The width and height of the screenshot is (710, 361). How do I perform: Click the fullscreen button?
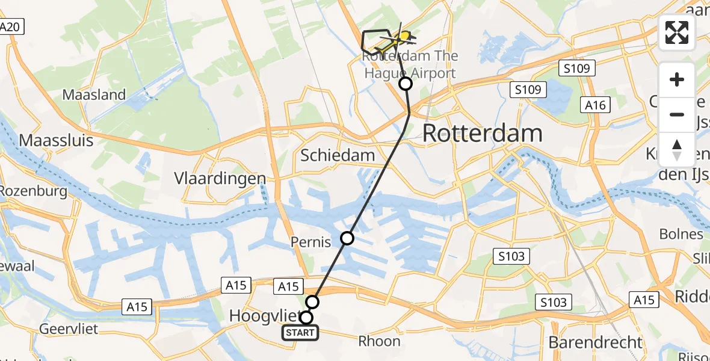[x=677, y=32]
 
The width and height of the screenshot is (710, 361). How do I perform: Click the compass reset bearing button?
[x=677, y=150]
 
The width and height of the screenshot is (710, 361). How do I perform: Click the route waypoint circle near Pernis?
[x=347, y=238]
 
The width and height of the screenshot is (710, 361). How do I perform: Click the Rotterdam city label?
[x=483, y=134]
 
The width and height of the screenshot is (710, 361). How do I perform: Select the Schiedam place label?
[x=338, y=155]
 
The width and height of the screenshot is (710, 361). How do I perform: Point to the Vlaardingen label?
[x=220, y=179]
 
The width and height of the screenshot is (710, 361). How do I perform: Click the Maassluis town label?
[x=56, y=141]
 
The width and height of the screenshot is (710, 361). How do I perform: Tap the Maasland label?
[x=94, y=95]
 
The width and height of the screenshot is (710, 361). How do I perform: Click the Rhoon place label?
[x=379, y=341]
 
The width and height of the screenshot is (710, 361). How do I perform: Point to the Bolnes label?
[x=681, y=235]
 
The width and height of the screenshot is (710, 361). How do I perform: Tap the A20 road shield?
[x=10, y=27]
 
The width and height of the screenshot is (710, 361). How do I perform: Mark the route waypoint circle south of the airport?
[x=406, y=84]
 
